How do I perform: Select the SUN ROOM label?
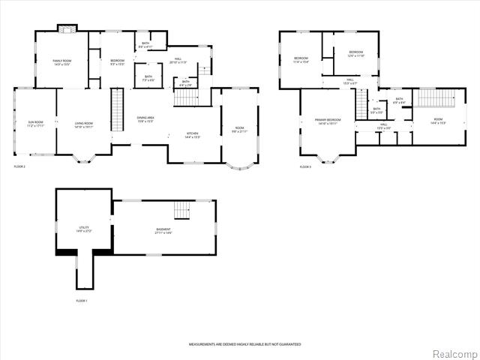click(35, 124)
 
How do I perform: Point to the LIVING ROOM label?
click(83, 124)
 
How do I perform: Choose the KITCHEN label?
click(193, 135)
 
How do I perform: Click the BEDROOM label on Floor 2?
click(118, 61)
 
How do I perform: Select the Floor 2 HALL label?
click(178, 60)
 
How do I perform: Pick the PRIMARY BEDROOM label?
click(328, 121)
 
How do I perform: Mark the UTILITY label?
click(82, 229)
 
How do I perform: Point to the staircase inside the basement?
click(182, 209)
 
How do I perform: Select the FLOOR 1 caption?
click(82, 300)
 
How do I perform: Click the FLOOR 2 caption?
click(20, 166)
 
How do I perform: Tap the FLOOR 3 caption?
click(305, 166)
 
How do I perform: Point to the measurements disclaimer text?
click(244, 343)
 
